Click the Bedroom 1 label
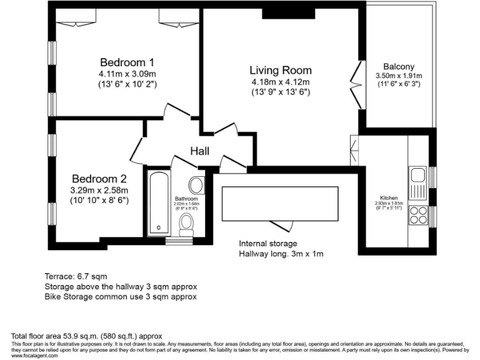(127, 62)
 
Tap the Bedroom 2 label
(99, 178)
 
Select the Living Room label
(281, 70)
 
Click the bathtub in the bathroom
(157, 203)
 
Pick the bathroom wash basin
(196, 184)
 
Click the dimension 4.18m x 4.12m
(281, 82)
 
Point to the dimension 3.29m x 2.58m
(99, 190)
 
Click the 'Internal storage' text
(268, 244)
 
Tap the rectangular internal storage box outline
(280, 203)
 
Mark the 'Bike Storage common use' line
(121, 296)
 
